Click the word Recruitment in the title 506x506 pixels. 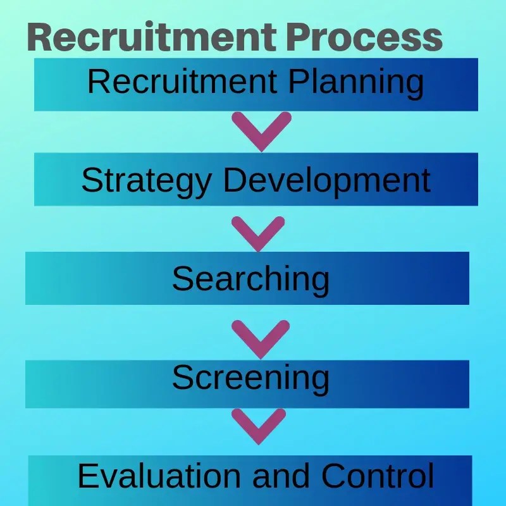[x=152, y=38]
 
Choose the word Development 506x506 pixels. [x=327, y=182]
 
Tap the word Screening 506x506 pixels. [x=250, y=379]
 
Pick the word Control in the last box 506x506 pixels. [x=378, y=476]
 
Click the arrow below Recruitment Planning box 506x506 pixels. [x=261, y=130]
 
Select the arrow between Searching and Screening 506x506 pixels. [x=261, y=337]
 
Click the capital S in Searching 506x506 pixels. [x=182, y=279]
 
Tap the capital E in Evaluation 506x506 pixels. [x=86, y=476]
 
